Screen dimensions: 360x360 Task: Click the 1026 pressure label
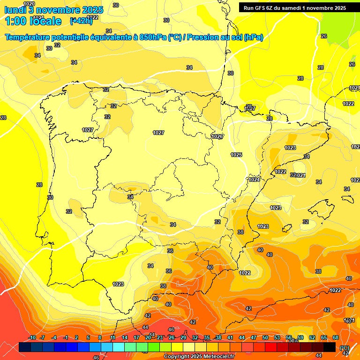(x=217, y=136)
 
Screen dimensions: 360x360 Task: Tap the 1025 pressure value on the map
(x=236, y=155)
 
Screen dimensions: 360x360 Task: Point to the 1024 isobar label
(x=254, y=180)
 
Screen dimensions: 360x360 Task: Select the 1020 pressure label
(x=29, y=4)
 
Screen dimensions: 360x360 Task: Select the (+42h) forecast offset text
(x=81, y=21)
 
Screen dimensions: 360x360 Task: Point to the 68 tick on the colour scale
(x=336, y=337)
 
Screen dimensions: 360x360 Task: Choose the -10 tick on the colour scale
(x=32, y=337)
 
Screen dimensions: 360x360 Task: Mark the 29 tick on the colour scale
(x=183, y=337)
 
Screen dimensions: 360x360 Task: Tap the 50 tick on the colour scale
(x=265, y=337)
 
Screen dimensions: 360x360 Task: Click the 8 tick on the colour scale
(x=100, y=337)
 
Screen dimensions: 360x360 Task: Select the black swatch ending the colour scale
(x=330, y=347)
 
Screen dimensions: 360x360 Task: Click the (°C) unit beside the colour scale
(x=345, y=348)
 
